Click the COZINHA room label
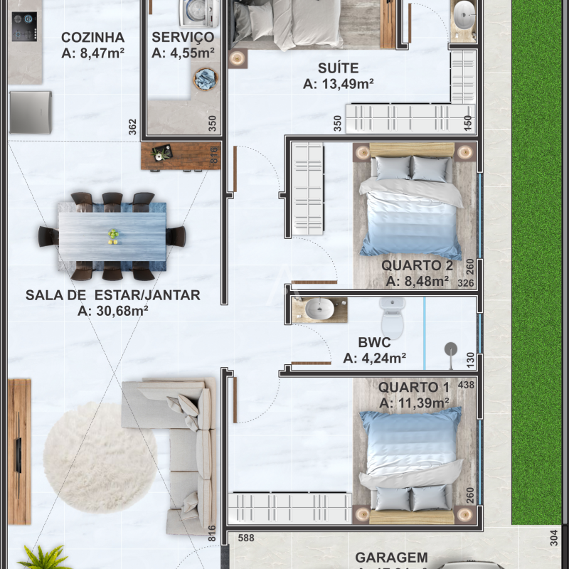coord(92,37)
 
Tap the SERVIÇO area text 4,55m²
coord(183,52)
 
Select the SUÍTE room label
coord(339,68)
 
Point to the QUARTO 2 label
coord(417,265)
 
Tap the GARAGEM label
coord(391,558)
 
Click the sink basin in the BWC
coord(321,309)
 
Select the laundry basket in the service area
coord(206,79)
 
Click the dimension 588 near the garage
coord(245,538)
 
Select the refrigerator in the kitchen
coord(30,112)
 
